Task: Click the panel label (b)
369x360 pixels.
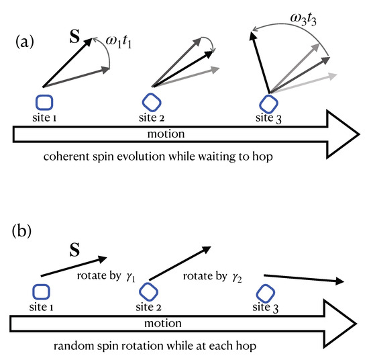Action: coord(25,236)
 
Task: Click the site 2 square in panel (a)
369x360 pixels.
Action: coord(152,101)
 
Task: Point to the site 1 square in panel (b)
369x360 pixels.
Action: coord(41,293)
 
